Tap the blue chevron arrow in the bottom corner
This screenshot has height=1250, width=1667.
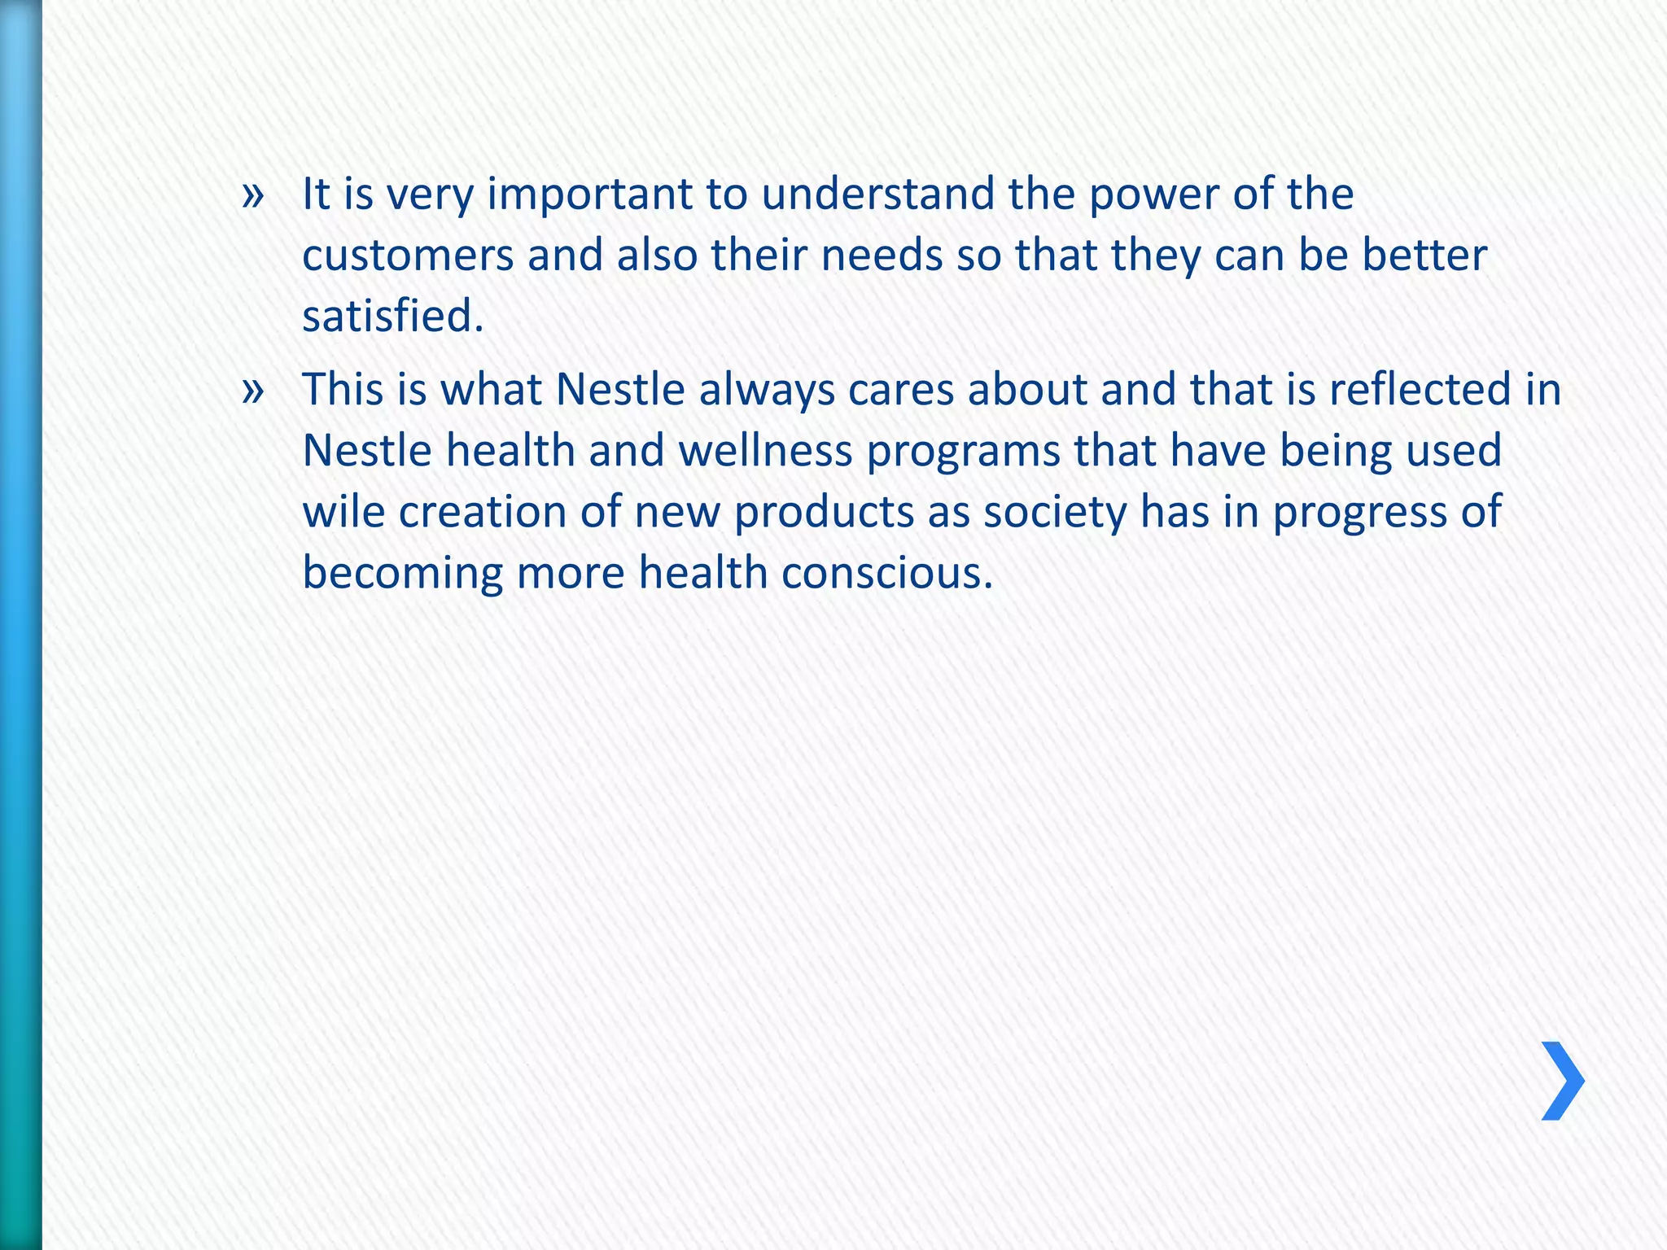tap(1562, 1081)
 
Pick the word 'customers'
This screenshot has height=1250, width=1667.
tap(407, 256)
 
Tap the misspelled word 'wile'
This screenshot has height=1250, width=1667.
tap(343, 513)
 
